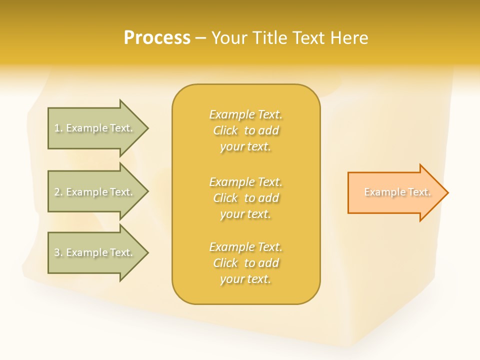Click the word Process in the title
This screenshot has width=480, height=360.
coord(157,38)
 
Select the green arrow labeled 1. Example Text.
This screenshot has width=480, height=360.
coord(95,128)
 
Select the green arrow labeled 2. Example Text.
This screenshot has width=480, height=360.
coord(95,192)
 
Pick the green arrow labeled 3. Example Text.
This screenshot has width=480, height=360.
coord(95,252)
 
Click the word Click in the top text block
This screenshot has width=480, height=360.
coord(225,130)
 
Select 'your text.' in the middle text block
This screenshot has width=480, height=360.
coord(245,214)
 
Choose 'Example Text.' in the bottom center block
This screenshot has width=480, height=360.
coord(245,247)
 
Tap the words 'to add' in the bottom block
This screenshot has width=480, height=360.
coord(261,263)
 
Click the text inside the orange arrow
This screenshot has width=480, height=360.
coord(397,192)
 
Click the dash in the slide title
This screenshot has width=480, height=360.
coord(200,38)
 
